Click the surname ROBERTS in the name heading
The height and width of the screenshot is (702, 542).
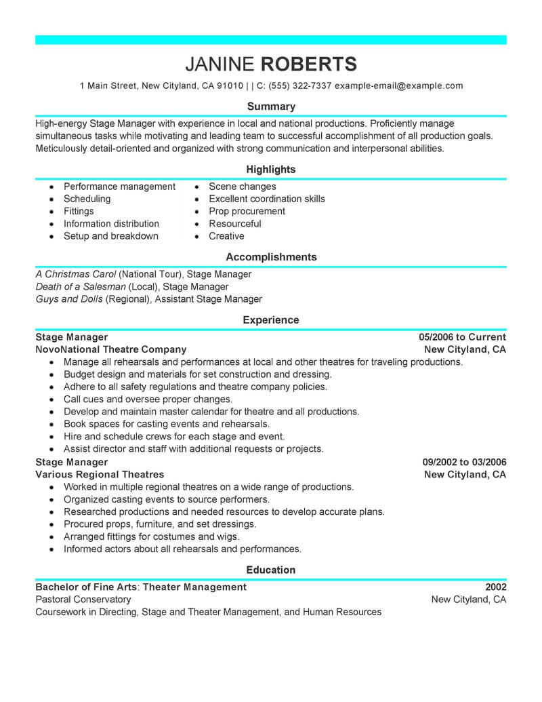point(308,64)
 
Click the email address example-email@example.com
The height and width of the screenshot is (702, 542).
point(399,86)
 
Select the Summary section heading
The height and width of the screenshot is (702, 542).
point(271,106)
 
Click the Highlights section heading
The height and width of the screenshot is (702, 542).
point(271,170)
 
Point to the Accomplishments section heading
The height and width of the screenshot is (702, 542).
point(271,258)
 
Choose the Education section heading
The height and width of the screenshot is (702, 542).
point(271,570)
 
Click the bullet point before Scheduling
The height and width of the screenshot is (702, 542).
point(52,199)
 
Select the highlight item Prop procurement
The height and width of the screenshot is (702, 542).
point(247,212)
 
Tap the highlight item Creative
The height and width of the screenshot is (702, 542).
point(226,236)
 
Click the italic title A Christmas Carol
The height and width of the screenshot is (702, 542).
point(75,275)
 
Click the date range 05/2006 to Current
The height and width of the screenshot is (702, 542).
point(462,337)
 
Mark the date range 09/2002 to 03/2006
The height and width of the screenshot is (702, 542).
point(464,463)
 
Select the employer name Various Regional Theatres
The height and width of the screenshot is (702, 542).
point(100,475)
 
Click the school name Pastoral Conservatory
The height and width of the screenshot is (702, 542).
point(83,600)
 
